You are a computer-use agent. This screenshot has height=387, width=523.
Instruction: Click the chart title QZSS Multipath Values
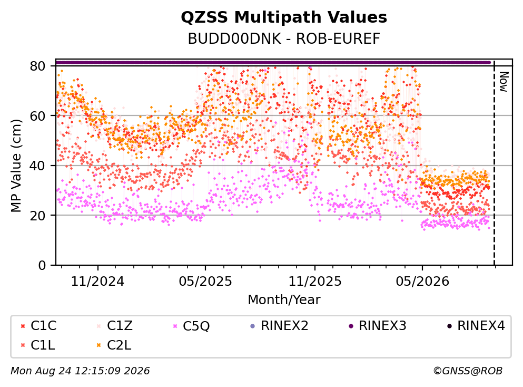284,17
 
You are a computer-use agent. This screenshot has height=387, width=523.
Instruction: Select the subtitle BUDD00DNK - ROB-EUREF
284,38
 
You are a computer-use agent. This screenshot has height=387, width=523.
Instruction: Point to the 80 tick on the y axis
38,66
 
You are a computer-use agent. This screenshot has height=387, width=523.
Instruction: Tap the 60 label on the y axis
38,116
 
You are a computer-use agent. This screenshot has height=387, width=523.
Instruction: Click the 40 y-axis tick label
38,166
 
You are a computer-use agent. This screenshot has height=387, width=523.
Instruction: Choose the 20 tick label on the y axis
38,215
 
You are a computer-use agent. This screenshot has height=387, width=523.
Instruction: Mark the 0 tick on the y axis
42,265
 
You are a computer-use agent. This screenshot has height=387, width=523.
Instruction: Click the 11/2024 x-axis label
97,282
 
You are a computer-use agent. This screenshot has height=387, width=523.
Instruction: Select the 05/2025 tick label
205,282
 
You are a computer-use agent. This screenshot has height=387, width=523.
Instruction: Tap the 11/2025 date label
315,282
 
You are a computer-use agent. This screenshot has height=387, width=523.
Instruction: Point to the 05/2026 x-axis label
422,282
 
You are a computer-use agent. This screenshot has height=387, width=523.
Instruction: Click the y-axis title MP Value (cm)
16,166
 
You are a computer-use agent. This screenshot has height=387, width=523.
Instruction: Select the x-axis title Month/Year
284,299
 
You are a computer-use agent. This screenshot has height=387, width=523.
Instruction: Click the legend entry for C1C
38,325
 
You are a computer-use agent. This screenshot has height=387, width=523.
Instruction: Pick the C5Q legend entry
191,326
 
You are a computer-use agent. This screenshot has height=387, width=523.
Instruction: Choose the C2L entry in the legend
114,345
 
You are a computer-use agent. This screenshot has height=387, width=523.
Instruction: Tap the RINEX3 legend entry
378,325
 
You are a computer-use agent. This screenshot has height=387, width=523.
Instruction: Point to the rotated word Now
504,82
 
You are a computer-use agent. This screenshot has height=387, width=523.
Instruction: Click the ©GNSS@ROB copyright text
468,371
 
